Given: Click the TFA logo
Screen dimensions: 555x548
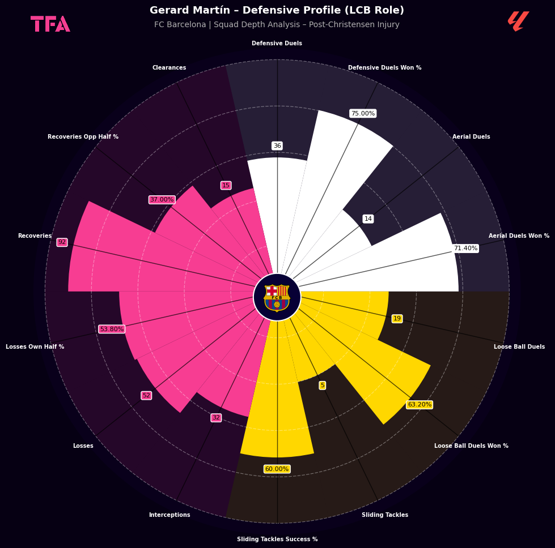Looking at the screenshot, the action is coord(50,24).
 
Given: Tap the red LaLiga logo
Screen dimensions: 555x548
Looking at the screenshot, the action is coord(519,21).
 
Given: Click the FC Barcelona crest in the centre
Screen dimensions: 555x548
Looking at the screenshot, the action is coord(277,298).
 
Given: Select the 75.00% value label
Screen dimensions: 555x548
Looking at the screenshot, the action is coord(363,113).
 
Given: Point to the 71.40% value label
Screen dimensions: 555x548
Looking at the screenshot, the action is coord(466,248).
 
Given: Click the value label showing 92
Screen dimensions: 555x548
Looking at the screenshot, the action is coord(62,242).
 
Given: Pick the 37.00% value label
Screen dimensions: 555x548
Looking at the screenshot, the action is coord(162,199).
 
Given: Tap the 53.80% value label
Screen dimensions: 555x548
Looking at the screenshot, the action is coord(112,329).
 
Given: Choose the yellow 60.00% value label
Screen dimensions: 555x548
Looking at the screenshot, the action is coord(277,469).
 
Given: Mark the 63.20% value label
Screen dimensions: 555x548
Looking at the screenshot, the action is coord(420,404).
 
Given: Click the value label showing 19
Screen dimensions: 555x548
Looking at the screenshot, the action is coord(397,319).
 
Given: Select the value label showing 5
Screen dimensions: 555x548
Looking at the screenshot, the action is coord(322,386).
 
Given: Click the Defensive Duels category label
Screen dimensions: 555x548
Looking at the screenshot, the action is coord(277,43).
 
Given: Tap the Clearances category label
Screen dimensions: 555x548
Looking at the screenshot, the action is coord(169,67).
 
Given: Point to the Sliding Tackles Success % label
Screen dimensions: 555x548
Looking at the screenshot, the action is coord(277,539).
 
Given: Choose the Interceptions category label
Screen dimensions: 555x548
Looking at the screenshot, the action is coord(170,515).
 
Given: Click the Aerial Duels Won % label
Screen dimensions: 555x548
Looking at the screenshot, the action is coord(519,236).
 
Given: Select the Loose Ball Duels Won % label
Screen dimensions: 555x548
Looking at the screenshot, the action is coord(471,446).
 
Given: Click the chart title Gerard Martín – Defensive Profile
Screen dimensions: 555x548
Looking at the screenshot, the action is coord(277,10).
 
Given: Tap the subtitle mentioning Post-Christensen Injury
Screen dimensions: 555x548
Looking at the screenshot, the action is coord(277,24).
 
